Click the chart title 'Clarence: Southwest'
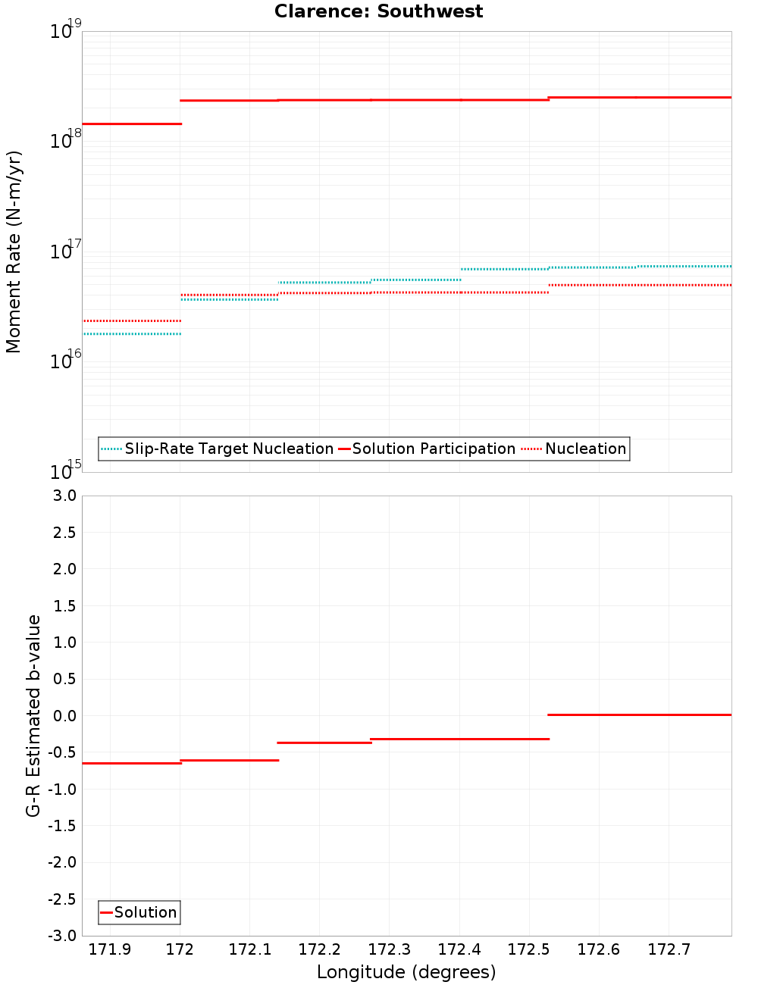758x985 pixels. tap(378, 11)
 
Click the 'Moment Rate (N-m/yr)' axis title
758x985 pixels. tap(14, 252)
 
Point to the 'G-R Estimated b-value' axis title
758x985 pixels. tap(33, 715)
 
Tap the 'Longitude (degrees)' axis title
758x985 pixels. tap(406, 972)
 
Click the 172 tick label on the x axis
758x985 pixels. tap(180, 949)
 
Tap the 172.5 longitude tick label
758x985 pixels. tap(529, 949)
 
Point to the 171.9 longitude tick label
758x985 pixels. tap(110, 949)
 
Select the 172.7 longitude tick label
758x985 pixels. tap(669, 949)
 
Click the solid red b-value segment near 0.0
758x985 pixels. tap(639, 715)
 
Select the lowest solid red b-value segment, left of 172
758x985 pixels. tap(131, 763)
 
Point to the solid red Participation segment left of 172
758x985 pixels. tap(131, 124)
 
